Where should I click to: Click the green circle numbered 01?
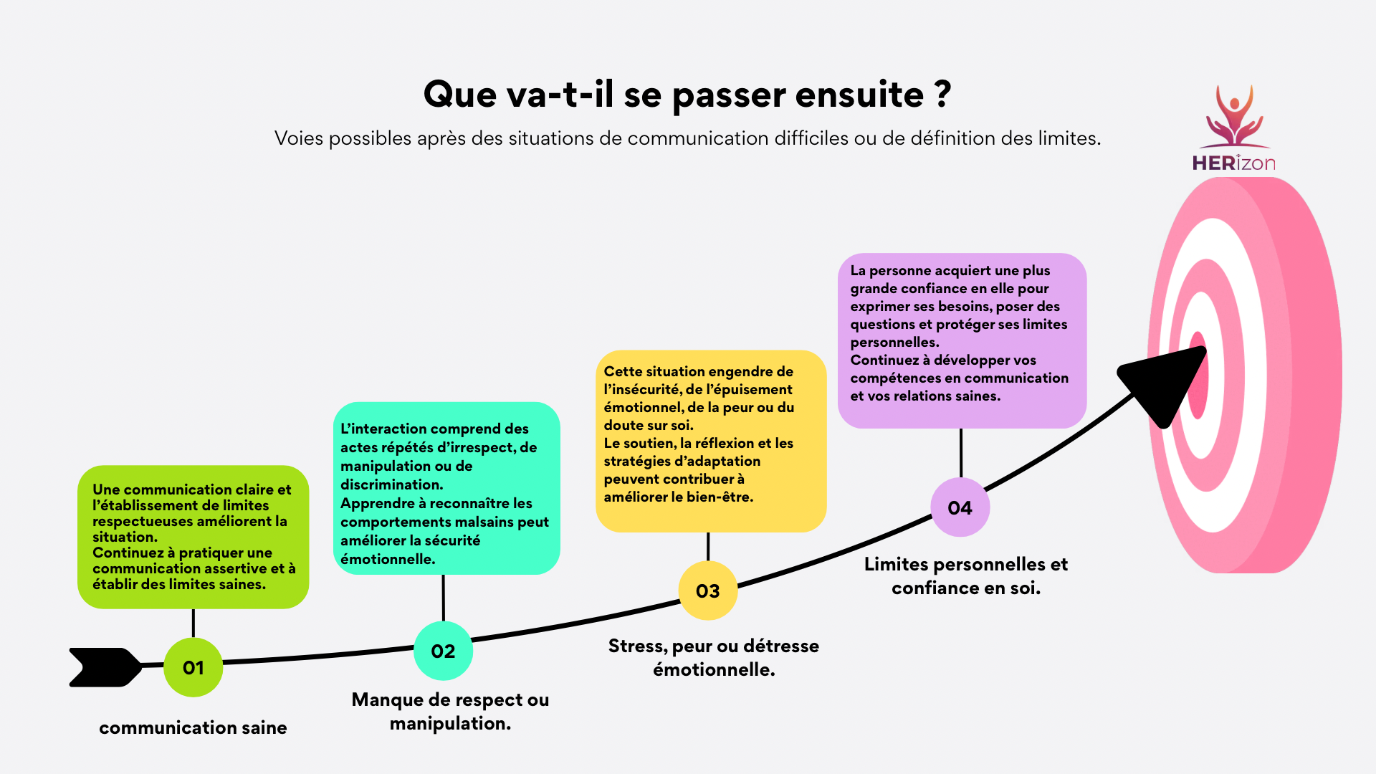pos(193,667)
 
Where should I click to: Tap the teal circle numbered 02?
pos(443,651)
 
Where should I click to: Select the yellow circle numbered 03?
pos(708,591)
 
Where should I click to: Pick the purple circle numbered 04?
pos(960,507)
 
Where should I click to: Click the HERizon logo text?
pos(1233,163)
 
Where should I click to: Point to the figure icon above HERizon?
pos(1233,116)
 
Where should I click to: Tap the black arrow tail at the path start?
pos(106,667)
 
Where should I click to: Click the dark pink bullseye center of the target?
pos(1198,375)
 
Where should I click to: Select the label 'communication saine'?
pos(193,727)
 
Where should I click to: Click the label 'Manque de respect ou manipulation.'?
pos(450,711)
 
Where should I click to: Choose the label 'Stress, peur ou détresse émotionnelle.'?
pos(714,657)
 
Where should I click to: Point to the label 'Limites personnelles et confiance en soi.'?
pos(966,575)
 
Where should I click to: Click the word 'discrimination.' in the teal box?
pos(392,484)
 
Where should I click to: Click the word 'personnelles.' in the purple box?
pos(894,343)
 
